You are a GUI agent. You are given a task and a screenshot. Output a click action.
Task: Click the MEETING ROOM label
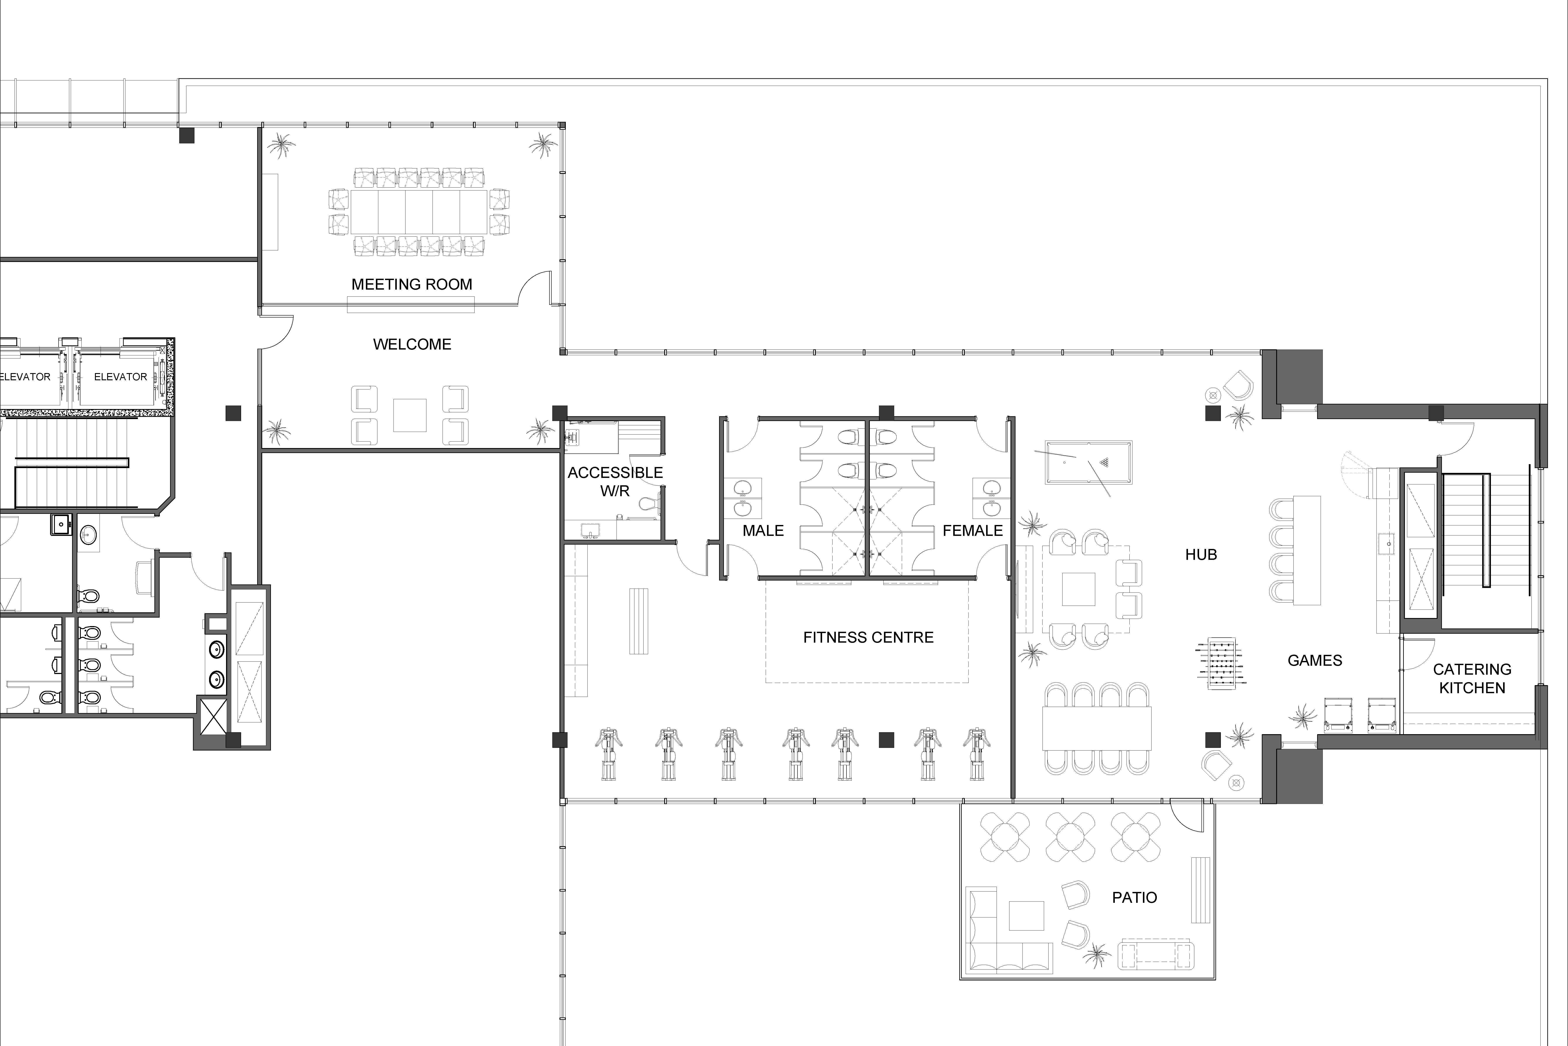click(x=412, y=284)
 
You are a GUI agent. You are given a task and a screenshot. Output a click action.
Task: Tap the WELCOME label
click(x=412, y=344)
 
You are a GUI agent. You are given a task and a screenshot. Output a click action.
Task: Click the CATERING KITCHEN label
click(x=1472, y=678)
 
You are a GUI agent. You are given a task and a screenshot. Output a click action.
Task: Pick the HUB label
click(x=1201, y=554)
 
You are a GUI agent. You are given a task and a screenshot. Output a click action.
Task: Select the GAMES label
click(x=1315, y=661)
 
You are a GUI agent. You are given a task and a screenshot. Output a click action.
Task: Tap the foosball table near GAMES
click(x=1221, y=664)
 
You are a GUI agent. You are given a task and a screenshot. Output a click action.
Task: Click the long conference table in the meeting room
click(x=419, y=212)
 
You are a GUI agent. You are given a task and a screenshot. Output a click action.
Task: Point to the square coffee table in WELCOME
click(x=410, y=415)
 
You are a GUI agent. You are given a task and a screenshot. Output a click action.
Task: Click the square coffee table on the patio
click(x=1026, y=915)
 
